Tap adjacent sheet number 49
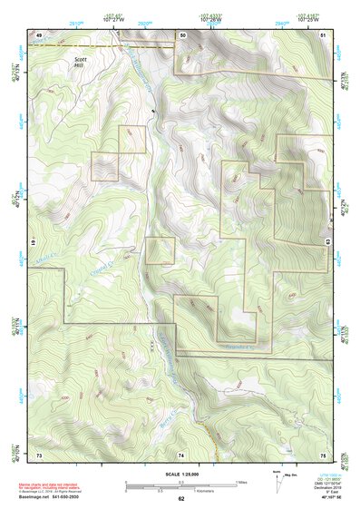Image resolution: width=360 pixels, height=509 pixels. [x=38, y=34]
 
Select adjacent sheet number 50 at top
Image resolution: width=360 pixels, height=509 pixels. [x=182, y=34]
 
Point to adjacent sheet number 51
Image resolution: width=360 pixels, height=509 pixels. [x=323, y=34]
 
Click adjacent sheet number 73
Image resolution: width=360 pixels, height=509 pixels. [x=39, y=454]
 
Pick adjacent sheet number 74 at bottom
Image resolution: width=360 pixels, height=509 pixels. [x=181, y=454]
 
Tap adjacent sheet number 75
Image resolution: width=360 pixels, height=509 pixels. [x=323, y=454]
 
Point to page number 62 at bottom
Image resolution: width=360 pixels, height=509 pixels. [x=180, y=499]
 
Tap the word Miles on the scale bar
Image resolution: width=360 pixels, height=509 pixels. [x=240, y=482]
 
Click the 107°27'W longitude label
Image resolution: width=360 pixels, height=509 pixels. [x=113, y=20]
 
